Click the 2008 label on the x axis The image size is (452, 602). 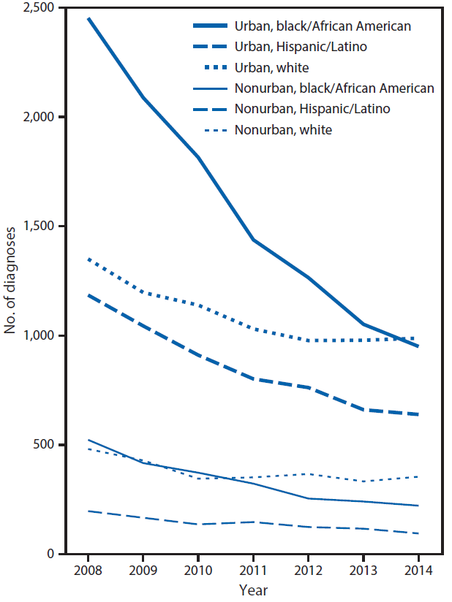88,570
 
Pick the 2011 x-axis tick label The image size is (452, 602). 253,570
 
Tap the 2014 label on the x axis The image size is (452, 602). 418,570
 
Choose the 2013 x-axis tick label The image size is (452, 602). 363,570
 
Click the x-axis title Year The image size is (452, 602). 253,589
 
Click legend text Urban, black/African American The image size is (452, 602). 323,26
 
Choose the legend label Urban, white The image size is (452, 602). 271,68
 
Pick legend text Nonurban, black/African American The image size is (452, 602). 334,88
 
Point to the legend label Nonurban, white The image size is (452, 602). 283,130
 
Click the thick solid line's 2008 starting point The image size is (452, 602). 88,18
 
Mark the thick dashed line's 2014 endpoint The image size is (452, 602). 418,414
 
